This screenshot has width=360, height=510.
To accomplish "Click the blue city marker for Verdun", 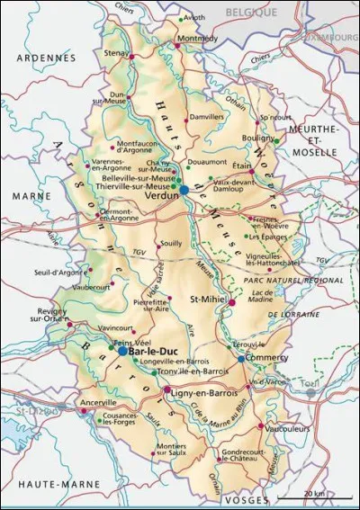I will click(x=184, y=190).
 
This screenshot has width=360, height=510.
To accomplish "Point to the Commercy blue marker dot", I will click(x=241, y=358).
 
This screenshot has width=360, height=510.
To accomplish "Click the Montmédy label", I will click(x=197, y=39).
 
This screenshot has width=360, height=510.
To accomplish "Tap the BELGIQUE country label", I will click(x=250, y=13).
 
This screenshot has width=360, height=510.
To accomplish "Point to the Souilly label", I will click(x=170, y=243).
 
